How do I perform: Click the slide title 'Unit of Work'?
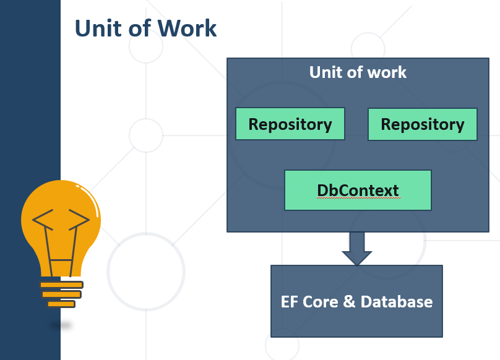[145, 28]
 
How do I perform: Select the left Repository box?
[290, 124]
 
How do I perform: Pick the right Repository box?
[423, 124]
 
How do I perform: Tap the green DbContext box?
[358, 190]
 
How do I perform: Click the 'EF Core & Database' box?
[356, 301]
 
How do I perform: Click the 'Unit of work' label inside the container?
[358, 72]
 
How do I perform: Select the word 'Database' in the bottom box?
[397, 302]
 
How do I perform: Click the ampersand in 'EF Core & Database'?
[348, 302]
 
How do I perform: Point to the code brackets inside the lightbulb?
[61, 220]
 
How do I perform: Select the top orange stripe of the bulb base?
[61, 285]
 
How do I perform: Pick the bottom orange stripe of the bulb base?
[61, 304]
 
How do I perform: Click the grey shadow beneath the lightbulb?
[61, 325]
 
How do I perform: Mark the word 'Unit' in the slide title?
[97, 28]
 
